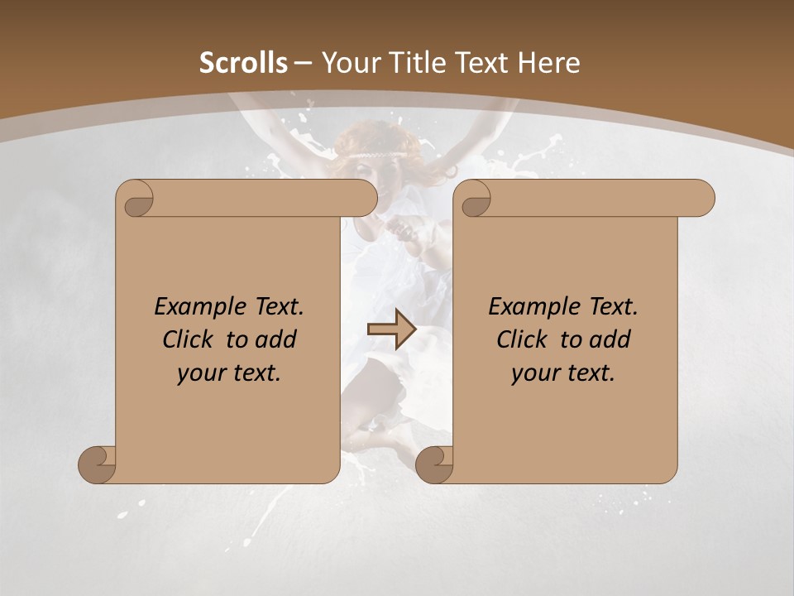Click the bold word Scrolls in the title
[x=244, y=63]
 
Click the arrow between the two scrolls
[x=391, y=329]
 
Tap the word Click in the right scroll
[x=520, y=339]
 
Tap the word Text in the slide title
[x=481, y=63]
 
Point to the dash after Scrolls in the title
[x=303, y=64]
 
